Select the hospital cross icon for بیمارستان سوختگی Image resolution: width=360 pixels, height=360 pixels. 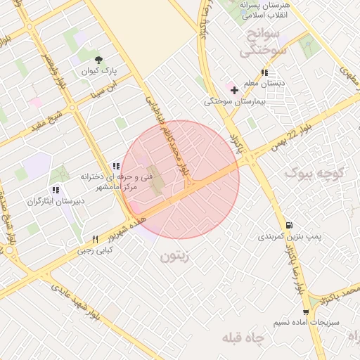coord(234,90)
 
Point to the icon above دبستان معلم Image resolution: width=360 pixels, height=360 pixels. coord(264,72)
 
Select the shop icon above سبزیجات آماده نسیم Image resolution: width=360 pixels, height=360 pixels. coord(305,311)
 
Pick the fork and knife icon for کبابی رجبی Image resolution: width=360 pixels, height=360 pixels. coord(95,239)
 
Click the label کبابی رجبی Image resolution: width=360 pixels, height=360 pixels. coord(94,250)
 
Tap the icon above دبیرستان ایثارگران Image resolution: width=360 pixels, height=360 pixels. coord(55,190)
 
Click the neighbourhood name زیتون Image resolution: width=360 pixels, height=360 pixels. coord(175,257)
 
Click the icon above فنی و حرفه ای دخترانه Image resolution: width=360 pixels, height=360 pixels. coord(116,166)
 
